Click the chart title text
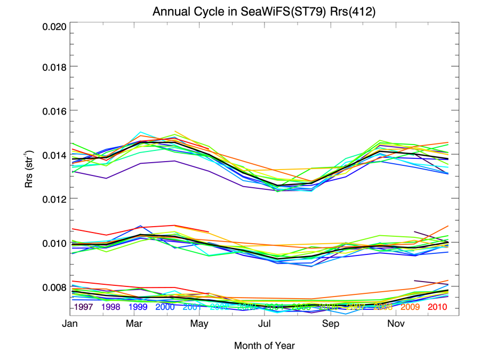pos(264,12)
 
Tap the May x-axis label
pos(199,324)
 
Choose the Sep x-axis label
pos(331,324)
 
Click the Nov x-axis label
pos(396,324)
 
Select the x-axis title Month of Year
pos(264,346)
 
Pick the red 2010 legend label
pos(437,307)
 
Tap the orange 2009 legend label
pos(411,307)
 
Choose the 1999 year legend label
pos(138,307)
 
